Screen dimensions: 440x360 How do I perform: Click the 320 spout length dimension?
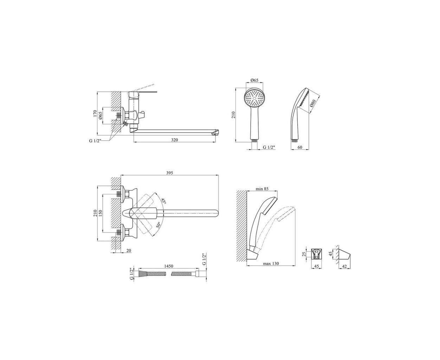point(174,140)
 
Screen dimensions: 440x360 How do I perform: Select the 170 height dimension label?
point(95,113)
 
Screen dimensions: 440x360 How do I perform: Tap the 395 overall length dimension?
point(170,173)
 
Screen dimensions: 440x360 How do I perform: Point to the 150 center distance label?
point(101,213)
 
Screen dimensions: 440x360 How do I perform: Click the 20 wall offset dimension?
point(129,250)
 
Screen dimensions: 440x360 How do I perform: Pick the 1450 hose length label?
point(169,266)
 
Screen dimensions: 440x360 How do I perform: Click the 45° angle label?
point(163,201)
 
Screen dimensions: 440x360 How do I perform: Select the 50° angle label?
point(158,226)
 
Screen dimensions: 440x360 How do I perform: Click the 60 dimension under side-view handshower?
point(299,147)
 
